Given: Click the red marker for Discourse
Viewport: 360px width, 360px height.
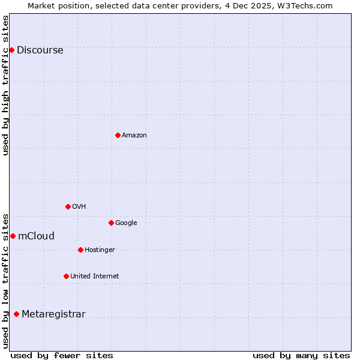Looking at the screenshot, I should coord(11,50).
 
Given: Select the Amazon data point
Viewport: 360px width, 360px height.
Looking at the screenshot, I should coord(118,135).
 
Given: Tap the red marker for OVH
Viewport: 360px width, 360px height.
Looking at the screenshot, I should coord(68,206).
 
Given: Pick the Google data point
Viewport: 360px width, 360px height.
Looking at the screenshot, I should coord(111,223).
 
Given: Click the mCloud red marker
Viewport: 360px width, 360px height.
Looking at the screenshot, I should coord(13,236).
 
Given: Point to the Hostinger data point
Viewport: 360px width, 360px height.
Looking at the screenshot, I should coord(80,250).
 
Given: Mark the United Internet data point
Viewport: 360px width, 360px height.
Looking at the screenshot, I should coord(66,276).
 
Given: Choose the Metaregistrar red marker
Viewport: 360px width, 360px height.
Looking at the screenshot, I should coord(16,314).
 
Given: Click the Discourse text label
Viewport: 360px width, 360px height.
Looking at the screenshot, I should coord(40,50).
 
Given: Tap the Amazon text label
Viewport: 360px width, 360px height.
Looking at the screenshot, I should coord(134,136).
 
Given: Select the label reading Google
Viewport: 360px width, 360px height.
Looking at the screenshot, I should coord(126,223).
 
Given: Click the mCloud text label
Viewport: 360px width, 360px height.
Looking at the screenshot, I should coord(36,236).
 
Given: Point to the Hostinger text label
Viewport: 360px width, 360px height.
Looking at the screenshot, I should coord(100,250).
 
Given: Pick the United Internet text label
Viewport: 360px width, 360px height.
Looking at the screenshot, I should coord(95,277).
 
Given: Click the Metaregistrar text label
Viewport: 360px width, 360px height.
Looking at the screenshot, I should coord(53,314).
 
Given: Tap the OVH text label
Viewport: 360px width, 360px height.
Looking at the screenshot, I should coord(79,207).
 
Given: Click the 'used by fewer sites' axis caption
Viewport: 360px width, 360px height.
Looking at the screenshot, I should coord(62,355).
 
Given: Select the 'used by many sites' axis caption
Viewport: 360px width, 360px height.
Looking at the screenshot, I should coord(301,355).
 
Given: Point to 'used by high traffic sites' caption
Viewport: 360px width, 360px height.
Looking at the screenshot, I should coord(6,85).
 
